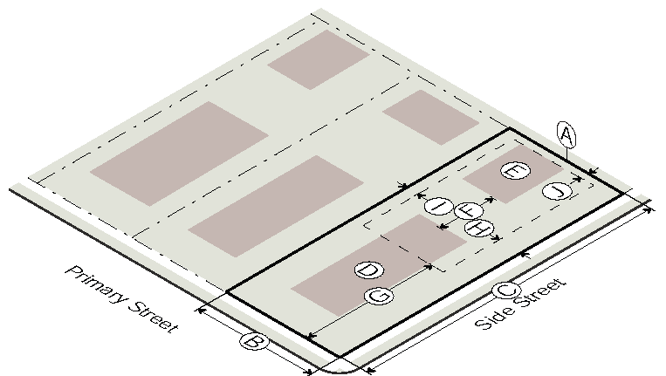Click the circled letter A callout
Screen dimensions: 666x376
[566, 135]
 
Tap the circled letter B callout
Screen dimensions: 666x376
[254, 342]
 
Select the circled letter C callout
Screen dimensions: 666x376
[507, 291]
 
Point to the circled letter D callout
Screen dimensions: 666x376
[369, 270]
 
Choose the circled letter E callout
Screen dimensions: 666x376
[515, 171]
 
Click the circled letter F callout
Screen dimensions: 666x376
[469, 210]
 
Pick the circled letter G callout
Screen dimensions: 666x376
[380, 296]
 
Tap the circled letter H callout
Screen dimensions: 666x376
[480, 229]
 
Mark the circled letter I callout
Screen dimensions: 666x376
[438, 207]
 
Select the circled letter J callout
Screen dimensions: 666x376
[557, 191]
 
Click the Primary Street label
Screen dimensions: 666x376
[122, 299]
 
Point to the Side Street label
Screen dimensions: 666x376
[521, 303]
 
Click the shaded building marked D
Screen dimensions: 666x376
[379, 265]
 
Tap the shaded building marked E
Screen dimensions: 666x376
[513, 174]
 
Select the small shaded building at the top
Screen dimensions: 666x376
[319, 59]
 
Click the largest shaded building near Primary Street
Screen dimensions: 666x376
[179, 154]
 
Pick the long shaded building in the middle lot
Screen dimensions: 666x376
[276, 206]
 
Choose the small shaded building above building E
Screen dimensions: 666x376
[430, 117]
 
